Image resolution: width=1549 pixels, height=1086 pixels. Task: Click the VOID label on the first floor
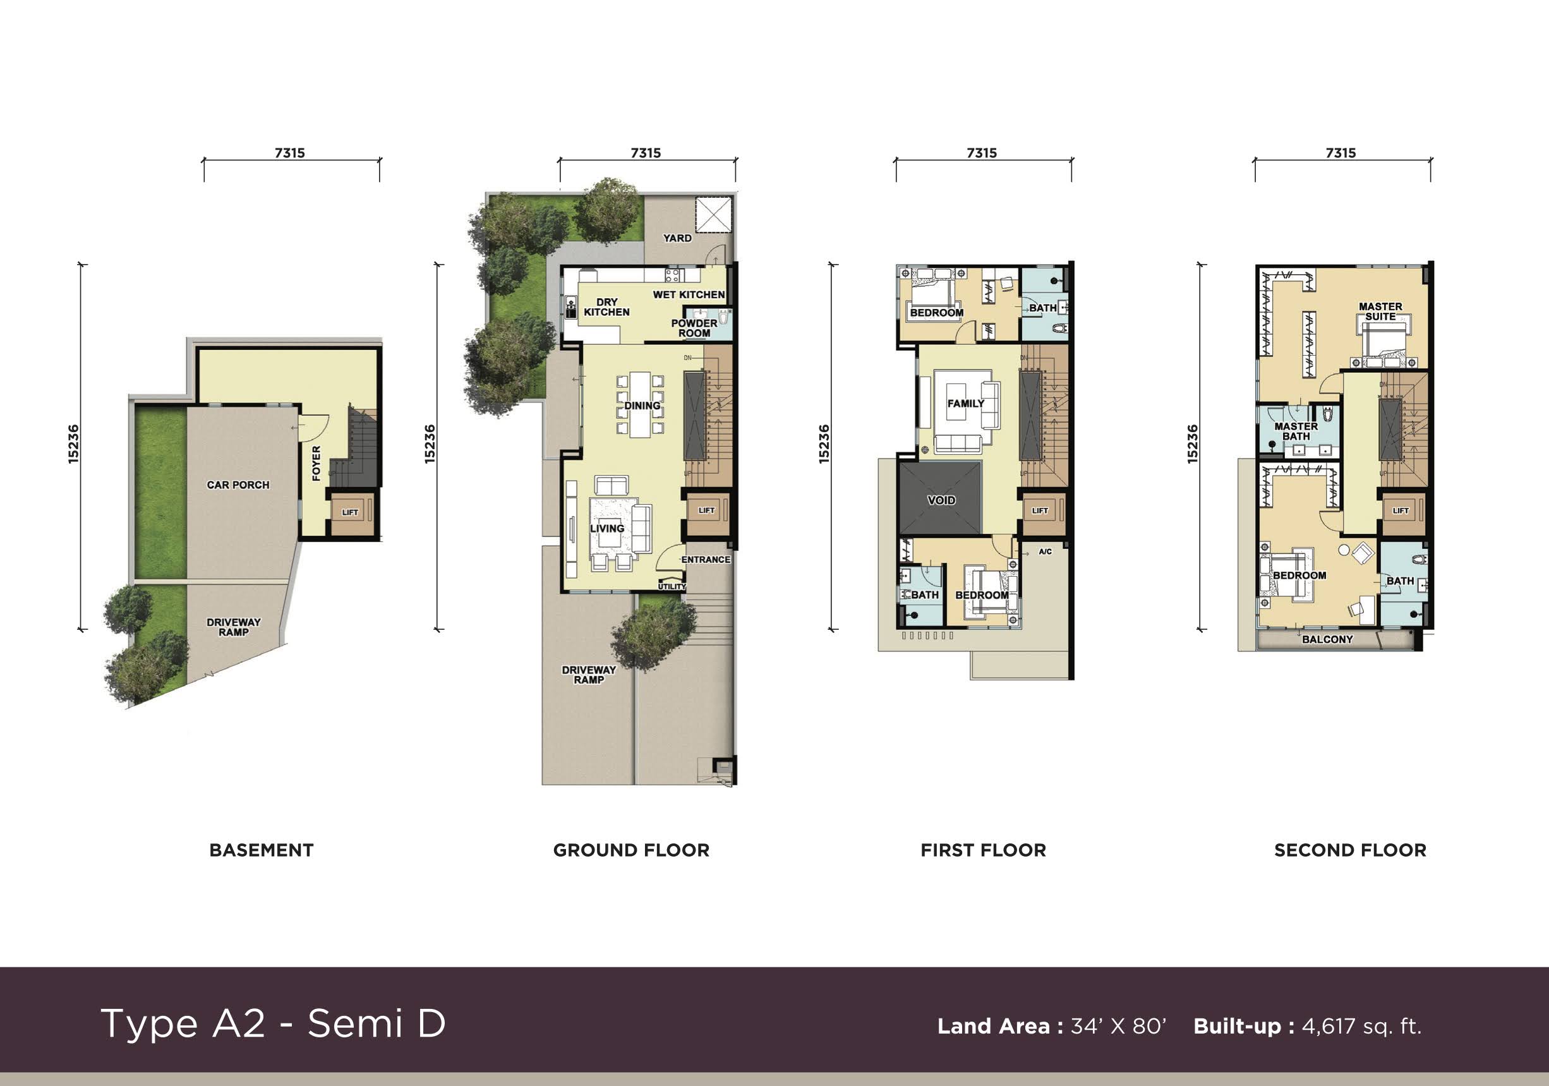[x=941, y=500]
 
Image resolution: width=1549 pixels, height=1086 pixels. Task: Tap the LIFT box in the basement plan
[x=350, y=512]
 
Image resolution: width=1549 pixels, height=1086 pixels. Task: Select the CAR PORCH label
[x=238, y=485]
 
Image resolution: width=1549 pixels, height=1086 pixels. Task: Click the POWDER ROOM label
[x=694, y=328]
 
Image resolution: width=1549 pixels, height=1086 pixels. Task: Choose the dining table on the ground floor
[x=640, y=405]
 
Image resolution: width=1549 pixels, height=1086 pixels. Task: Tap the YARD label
[x=677, y=238]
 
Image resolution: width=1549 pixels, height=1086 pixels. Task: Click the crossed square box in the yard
[x=714, y=215]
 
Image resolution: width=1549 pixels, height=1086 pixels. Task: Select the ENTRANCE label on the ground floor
[x=705, y=559]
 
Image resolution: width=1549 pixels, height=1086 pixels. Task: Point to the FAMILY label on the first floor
[x=965, y=403]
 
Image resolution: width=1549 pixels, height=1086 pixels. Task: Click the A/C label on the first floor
[x=1045, y=552]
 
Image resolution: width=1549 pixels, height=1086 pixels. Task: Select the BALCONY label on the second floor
[x=1327, y=639]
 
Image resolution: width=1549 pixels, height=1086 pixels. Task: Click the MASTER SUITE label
[x=1380, y=311]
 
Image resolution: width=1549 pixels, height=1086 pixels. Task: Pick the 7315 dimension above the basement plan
[x=289, y=153]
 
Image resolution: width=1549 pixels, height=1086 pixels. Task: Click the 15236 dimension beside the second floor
[x=1192, y=444]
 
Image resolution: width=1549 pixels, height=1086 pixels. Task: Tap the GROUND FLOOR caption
[x=631, y=850]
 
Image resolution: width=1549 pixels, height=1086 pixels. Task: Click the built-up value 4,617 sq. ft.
[x=1361, y=1026]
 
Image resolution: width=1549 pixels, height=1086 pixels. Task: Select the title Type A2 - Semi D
[x=274, y=1023]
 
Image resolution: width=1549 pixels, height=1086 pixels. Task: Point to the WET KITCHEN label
[x=688, y=295]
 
